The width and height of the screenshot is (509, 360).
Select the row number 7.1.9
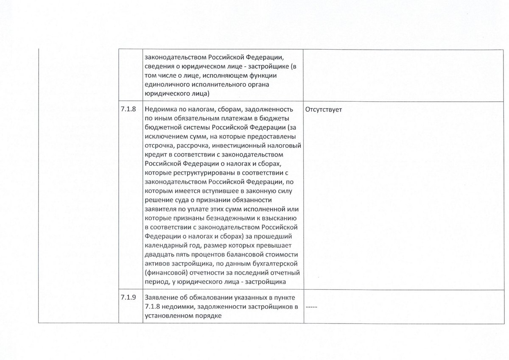128,297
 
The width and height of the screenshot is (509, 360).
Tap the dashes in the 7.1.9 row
312,307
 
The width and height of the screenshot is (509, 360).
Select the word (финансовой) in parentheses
163,272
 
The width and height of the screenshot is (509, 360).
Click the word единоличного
165,85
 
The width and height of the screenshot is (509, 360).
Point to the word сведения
157,67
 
